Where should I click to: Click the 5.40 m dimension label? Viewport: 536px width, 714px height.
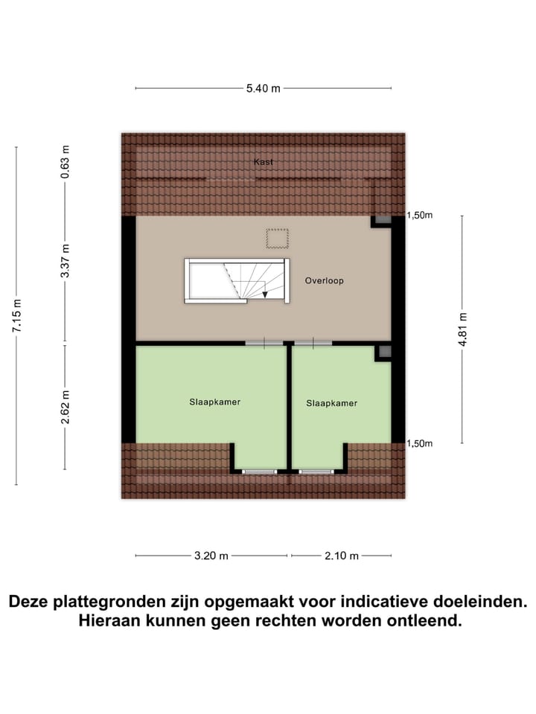[x=264, y=89]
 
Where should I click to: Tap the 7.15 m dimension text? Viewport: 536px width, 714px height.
[x=17, y=316]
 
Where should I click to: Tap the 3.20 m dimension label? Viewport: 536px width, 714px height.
[x=211, y=556]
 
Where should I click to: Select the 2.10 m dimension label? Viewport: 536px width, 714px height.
[x=342, y=556]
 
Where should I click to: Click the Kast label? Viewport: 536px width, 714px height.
[x=263, y=161]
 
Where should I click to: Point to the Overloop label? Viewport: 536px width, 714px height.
[x=325, y=281]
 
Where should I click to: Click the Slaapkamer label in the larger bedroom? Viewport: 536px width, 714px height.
[x=214, y=402]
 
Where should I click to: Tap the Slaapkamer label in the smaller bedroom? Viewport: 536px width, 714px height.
[x=332, y=403]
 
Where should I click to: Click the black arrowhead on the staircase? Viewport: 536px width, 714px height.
[x=265, y=295]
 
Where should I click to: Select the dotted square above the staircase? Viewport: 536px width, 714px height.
[x=277, y=239]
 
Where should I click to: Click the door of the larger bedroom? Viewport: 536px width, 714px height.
[x=264, y=343]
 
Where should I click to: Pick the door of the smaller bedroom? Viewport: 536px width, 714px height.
[x=313, y=343]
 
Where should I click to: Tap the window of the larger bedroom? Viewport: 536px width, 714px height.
[x=259, y=472]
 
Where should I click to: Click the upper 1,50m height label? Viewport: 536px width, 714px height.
[x=419, y=216]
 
